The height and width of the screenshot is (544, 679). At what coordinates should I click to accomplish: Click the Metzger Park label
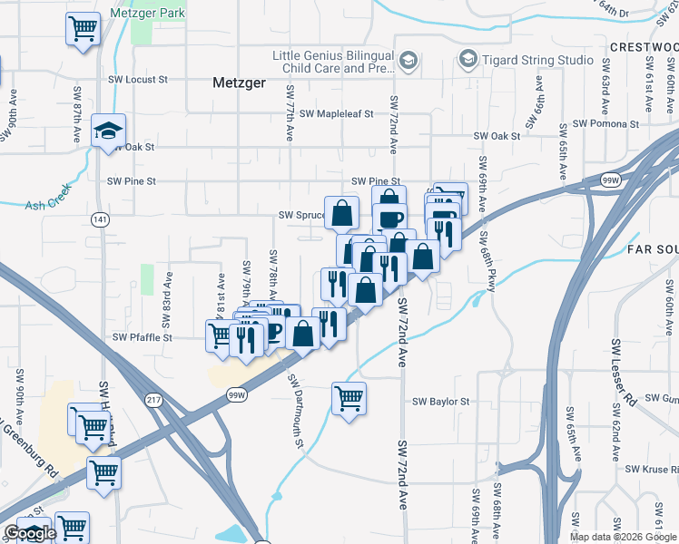[147, 14]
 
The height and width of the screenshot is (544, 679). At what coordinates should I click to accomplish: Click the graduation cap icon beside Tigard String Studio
[467, 60]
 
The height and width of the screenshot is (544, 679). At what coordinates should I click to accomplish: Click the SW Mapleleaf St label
[343, 114]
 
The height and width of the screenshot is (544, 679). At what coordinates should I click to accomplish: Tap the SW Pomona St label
[607, 123]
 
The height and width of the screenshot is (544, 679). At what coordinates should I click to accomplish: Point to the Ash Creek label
[46, 205]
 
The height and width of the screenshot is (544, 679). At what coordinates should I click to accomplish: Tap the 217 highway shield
[153, 400]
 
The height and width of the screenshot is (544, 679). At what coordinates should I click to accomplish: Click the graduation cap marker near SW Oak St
[108, 133]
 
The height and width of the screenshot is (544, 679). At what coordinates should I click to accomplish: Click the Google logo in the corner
[29, 534]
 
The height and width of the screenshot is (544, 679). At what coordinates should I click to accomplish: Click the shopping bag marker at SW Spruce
[342, 214]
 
